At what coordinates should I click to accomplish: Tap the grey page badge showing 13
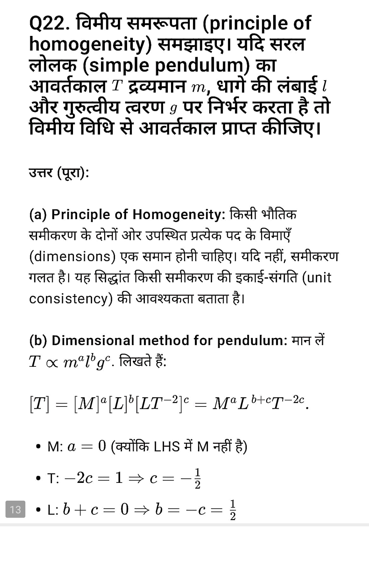click(x=15, y=509)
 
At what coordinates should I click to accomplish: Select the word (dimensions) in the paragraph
click(x=73, y=256)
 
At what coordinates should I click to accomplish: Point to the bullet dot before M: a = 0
click(x=38, y=447)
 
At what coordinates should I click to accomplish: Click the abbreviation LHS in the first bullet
click(x=167, y=447)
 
